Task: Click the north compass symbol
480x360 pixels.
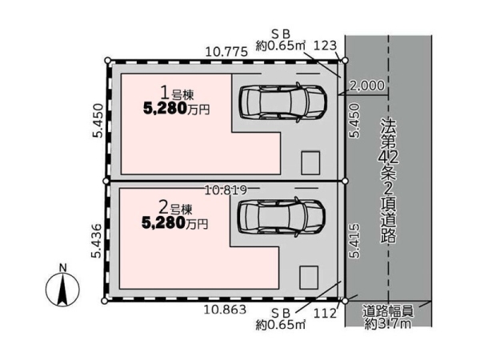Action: (x=62, y=290)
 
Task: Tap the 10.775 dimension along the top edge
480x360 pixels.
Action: (x=226, y=52)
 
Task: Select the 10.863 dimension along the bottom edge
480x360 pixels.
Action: (x=225, y=310)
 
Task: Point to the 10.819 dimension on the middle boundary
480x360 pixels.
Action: (x=226, y=190)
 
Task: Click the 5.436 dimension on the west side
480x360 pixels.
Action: (x=96, y=241)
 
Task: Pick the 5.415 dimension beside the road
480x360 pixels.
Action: (x=355, y=241)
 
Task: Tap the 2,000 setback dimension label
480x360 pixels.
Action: (x=366, y=86)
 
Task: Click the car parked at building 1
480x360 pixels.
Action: (x=283, y=102)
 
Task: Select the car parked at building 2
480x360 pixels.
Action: (x=282, y=217)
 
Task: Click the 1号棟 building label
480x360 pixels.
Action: (x=178, y=93)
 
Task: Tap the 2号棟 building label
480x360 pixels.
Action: (x=176, y=208)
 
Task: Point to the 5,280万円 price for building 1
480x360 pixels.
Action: (x=176, y=109)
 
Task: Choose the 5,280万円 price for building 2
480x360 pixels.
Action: (x=174, y=223)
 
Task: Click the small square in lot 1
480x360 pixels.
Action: (x=310, y=163)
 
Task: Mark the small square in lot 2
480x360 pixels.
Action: (x=309, y=278)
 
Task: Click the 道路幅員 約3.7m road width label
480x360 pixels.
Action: (x=388, y=318)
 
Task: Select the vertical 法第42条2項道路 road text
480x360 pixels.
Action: (x=389, y=181)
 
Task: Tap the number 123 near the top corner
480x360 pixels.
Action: (x=325, y=46)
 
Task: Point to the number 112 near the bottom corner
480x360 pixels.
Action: (x=325, y=313)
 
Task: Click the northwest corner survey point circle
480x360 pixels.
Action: (x=107, y=60)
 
